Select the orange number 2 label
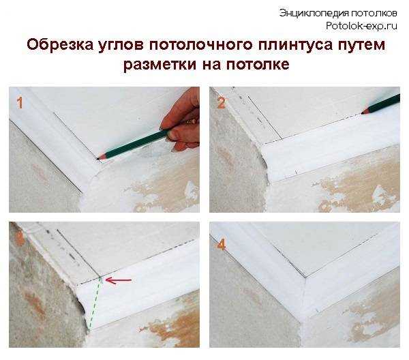click(220, 103)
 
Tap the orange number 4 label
click(220, 244)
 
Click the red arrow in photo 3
click(118, 280)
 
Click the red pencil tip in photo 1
click(100, 156)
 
